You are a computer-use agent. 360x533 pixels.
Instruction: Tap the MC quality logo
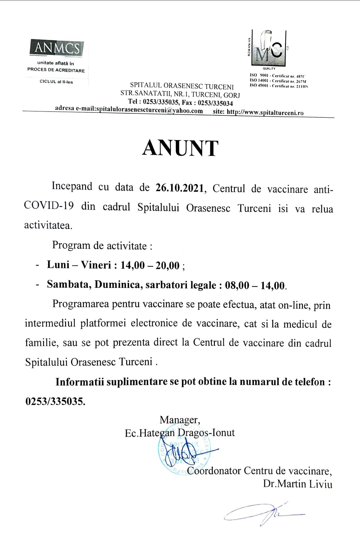pos(269,48)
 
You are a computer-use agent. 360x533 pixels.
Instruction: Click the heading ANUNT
pos(180,148)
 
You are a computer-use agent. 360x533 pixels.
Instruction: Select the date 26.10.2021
pos(179,188)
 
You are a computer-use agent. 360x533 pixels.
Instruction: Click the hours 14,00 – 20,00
pos(150,265)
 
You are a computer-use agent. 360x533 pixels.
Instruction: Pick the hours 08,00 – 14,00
pos(255,286)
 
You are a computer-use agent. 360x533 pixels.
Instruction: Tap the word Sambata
pos(69,285)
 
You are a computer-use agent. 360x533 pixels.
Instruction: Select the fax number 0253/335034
pos(215,103)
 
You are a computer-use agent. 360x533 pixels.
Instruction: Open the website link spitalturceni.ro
pos(265,112)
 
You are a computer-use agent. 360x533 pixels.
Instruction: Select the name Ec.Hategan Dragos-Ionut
pos(179,433)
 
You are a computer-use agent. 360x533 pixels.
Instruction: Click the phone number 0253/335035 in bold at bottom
pos(55,401)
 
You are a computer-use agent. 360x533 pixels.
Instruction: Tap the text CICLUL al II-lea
pos(56,82)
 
